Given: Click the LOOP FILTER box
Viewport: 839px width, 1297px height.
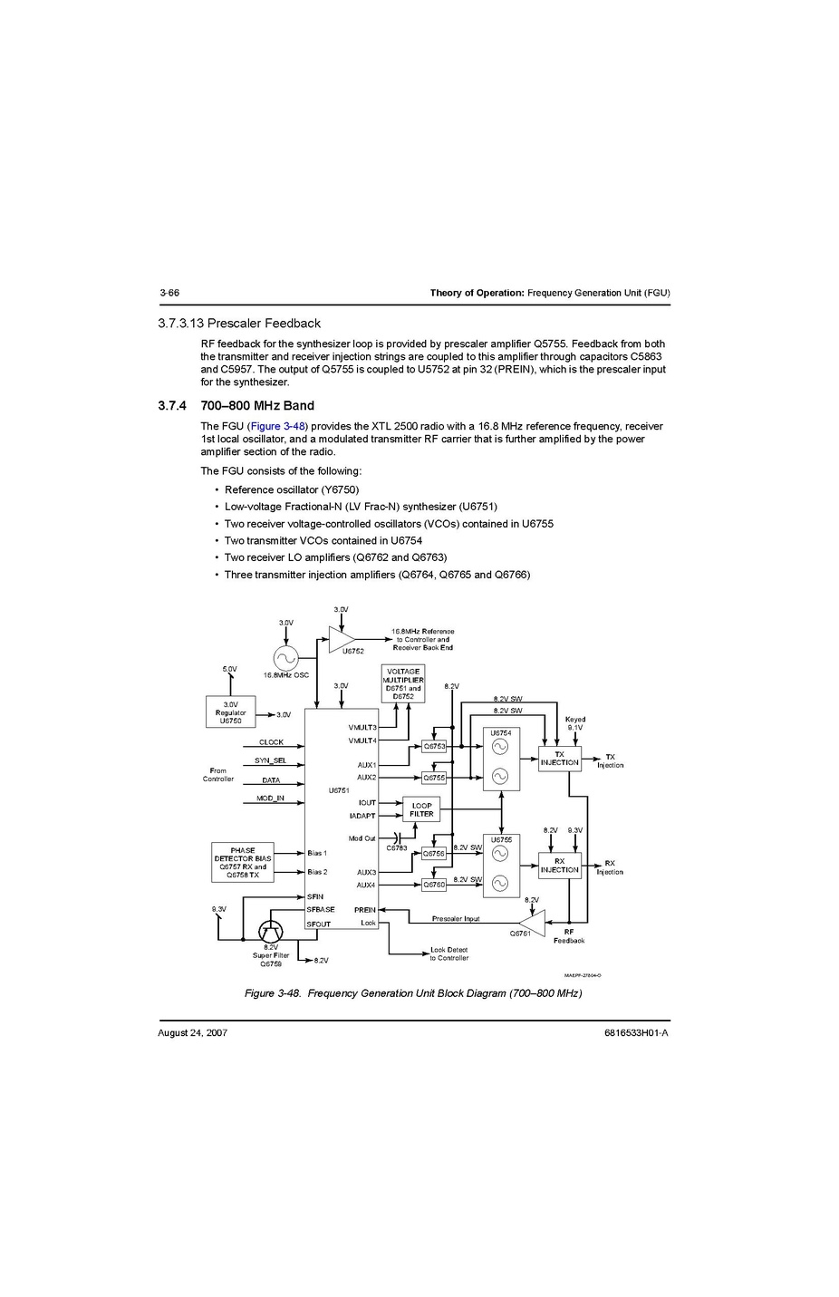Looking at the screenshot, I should tap(421, 809).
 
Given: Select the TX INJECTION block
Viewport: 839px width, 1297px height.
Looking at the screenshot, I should tap(559, 759).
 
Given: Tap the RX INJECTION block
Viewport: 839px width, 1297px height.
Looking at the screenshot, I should tap(559, 866).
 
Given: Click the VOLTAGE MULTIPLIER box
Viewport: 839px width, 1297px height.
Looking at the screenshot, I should tap(403, 683).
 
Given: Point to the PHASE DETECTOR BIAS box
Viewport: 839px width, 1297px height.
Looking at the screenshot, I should tap(242, 863).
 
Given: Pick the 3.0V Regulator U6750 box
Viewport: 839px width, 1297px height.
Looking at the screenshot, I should tap(230, 712).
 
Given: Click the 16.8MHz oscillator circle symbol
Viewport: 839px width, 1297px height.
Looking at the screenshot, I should tap(285, 658).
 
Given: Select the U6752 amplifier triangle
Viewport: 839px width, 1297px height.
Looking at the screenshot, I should tap(341, 639).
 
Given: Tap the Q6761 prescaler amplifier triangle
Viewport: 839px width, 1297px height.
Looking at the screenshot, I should tap(533, 923).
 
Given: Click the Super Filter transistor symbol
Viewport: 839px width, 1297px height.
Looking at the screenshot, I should tap(271, 931).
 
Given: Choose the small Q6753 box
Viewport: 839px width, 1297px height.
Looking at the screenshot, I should tap(434, 746).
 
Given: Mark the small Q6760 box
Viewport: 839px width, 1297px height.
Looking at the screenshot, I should tap(434, 885).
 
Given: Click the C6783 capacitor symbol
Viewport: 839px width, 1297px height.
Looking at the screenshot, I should tap(397, 838).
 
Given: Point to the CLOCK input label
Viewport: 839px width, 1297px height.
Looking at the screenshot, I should tap(271, 742).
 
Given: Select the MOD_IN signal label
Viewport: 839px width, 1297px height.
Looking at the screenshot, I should tap(270, 799).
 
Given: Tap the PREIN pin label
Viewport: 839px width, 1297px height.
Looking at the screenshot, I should tap(364, 910).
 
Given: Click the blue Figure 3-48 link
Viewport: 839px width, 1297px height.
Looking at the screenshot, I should tap(277, 426).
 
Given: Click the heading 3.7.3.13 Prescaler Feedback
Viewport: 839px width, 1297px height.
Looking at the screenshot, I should tap(239, 324).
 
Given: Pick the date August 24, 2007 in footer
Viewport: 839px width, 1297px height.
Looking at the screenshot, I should tap(192, 1033).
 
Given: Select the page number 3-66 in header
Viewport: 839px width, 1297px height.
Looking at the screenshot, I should tap(169, 293).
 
